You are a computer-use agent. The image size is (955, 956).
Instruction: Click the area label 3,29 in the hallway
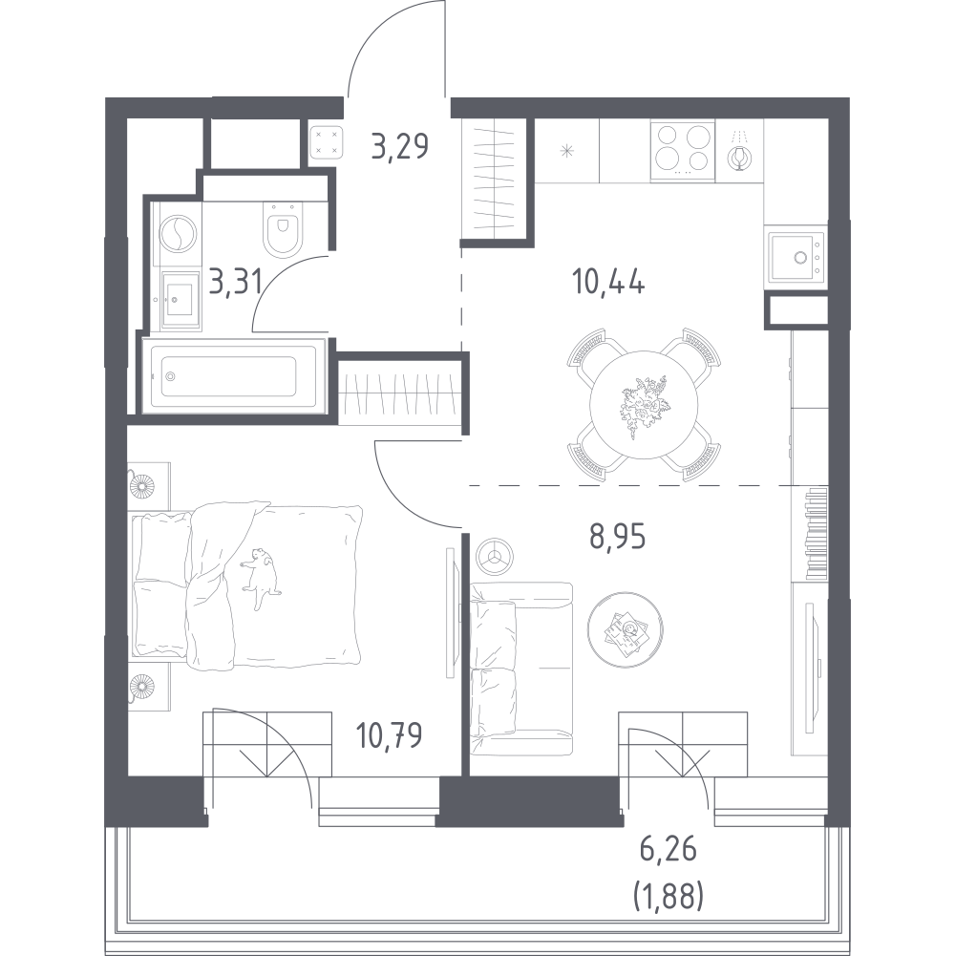point(400,147)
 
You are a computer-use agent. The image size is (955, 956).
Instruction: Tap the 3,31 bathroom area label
point(235,283)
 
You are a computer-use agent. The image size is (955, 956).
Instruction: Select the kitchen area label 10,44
point(608,283)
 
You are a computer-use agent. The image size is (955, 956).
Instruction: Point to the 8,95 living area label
point(617,537)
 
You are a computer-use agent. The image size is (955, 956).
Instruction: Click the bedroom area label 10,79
point(389,735)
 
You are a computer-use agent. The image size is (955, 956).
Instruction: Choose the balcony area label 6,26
point(668,850)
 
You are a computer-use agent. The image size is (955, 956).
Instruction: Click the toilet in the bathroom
point(283,228)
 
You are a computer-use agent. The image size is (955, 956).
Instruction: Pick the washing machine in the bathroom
point(178,234)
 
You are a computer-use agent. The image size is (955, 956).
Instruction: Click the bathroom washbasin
point(180,300)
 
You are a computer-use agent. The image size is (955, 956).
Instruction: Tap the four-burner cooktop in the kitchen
point(683,151)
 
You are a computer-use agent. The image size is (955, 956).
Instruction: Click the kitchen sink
point(796,257)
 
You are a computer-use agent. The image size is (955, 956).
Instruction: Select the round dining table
point(644,404)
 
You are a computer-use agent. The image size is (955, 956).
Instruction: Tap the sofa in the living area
point(522,669)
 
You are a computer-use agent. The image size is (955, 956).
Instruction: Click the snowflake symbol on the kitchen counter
point(567,151)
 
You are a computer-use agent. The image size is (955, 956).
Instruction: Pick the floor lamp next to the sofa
point(495,556)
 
